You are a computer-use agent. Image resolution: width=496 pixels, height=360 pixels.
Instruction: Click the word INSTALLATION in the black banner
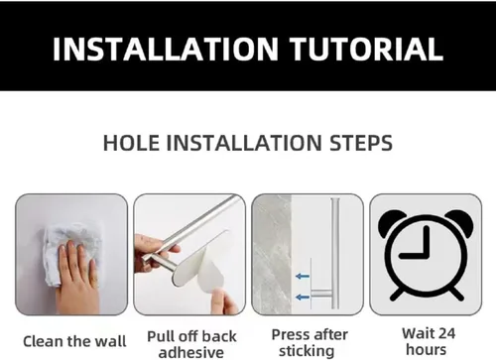(x=166, y=49)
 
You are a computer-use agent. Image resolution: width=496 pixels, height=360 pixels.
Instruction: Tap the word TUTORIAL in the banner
(x=366, y=49)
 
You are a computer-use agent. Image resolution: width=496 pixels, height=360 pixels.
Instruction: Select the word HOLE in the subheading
(x=131, y=143)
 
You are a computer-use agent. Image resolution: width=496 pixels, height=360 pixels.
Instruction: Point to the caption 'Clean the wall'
(x=74, y=341)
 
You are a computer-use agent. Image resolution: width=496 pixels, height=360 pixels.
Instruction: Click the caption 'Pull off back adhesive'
(x=191, y=344)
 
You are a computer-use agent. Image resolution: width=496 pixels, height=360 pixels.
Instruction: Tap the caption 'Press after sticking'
(x=310, y=343)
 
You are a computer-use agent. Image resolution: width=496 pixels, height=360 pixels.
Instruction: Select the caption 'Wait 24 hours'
(x=429, y=341)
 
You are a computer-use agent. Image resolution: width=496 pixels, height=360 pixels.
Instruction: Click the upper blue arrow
(x=303, y=276)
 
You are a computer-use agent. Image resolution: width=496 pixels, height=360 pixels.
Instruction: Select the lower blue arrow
(x=303, y=298)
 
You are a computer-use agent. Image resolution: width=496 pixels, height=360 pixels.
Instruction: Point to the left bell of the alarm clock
(x=392, y=222)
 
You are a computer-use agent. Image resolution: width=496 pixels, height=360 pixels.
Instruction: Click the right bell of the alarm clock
(x=460, y=222)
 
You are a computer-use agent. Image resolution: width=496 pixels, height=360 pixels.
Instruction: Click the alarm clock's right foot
(x=455, y=293)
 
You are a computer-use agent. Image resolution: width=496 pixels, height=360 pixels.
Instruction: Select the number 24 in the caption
(x=445, y=333)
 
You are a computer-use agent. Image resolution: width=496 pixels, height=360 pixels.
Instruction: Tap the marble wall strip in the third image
(x=272, y=255)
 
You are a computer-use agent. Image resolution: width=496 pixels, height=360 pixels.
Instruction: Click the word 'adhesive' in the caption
(x=191, y=352)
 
